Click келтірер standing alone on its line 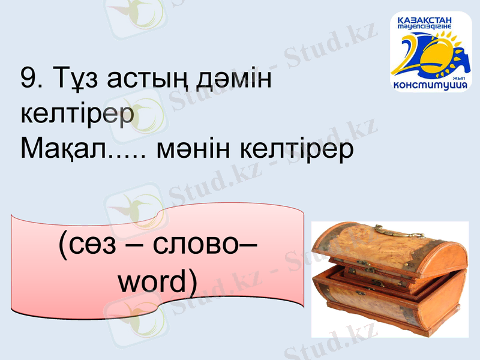pos(76,114)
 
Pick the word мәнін pos(193,150)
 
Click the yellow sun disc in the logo pos(441,51)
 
